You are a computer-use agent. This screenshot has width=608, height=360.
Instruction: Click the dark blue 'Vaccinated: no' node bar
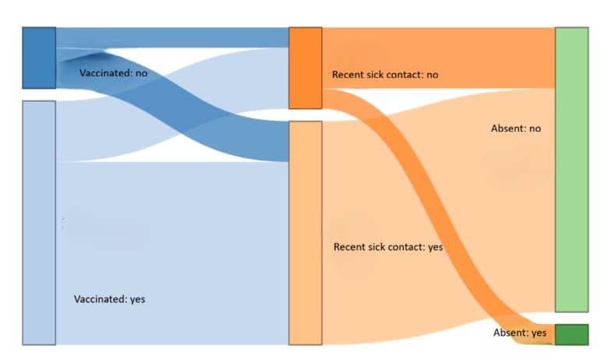click(x=38, y=58)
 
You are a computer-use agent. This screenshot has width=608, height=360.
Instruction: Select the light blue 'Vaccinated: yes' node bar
click(x=38, y=222)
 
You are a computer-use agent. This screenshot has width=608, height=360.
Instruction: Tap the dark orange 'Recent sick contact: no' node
click(x=305, y=68)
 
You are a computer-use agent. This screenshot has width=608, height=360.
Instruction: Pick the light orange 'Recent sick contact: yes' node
click(x=305, y=232)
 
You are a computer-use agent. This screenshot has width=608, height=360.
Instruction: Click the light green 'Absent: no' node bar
click(x=571, y=169)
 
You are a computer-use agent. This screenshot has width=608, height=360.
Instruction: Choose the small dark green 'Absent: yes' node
click(x=571, y=334)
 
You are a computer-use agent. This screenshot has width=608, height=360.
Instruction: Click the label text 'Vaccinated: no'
click(x=113, y=72)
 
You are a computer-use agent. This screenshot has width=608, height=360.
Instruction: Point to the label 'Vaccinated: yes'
click(x=109, y=298)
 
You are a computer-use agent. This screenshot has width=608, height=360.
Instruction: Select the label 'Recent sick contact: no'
click(x=385, y=75)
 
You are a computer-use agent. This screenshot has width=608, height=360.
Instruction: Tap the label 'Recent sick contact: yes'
click(x=387, y=247)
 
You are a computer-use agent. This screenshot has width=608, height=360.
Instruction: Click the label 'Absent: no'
click(x=515, y=128)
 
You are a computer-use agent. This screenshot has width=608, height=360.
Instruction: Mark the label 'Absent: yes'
click(x=520, y=333)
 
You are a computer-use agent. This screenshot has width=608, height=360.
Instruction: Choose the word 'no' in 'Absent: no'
click(x=534, y=128)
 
